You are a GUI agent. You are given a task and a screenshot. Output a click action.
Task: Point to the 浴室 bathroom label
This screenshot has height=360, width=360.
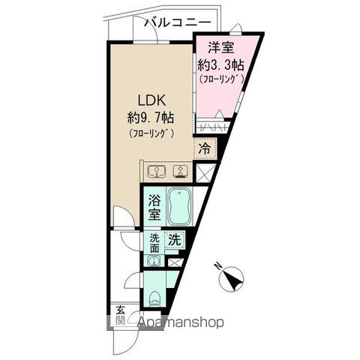pyautogui.click(x=154, y=208)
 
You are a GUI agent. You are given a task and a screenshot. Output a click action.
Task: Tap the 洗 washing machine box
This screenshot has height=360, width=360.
pyautogui.click(x=174, y=241)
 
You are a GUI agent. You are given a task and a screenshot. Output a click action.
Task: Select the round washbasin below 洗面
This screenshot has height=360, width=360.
pyautogui.click(x=154, y=262)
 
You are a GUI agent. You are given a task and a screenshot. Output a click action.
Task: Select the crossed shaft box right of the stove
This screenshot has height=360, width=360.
pyautogui.click(x=205, y=172)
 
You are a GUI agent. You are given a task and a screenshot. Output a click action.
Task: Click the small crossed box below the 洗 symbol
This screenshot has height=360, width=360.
pyautogui.click(x=174, y=262)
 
